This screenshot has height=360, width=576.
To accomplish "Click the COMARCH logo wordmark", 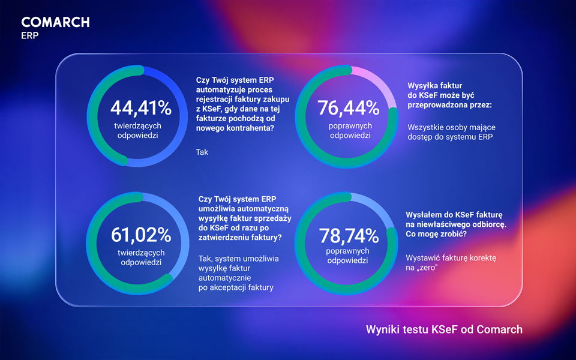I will click(55, 22).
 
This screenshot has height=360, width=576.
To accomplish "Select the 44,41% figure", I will click(141, 108).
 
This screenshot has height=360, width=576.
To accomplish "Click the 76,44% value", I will click(349, 108).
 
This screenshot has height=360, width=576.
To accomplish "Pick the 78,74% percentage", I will click(349, 235).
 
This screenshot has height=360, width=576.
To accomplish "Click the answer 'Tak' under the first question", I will click(202, 152).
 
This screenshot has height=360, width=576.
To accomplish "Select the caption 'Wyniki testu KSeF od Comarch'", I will click(444, 329).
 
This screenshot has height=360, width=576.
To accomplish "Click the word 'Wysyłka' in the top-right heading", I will click(424, 86).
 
